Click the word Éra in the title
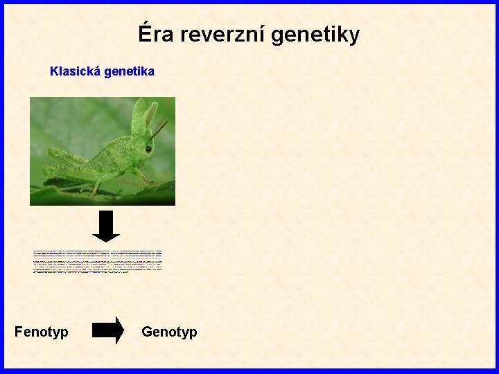pos(156,34)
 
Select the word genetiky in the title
pos(315,35)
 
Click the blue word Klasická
pos(76,71)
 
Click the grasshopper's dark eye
pos(148,148)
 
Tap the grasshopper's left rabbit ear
pos(138,114)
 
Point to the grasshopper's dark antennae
pos(160,129)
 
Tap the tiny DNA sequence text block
pos(98,261)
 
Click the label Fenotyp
pos(42,332)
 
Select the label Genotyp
pos(169,332)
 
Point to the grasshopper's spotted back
pos(111,149)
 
